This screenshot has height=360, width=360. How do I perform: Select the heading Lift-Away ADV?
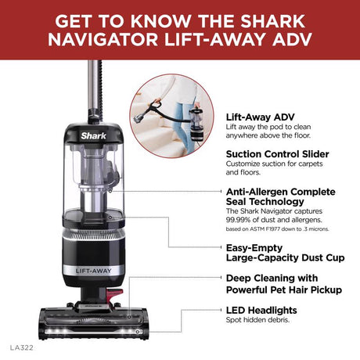coord(257,116)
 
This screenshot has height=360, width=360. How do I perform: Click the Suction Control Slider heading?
coord(277,154)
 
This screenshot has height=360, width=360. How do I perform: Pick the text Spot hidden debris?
coord(259,321)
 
